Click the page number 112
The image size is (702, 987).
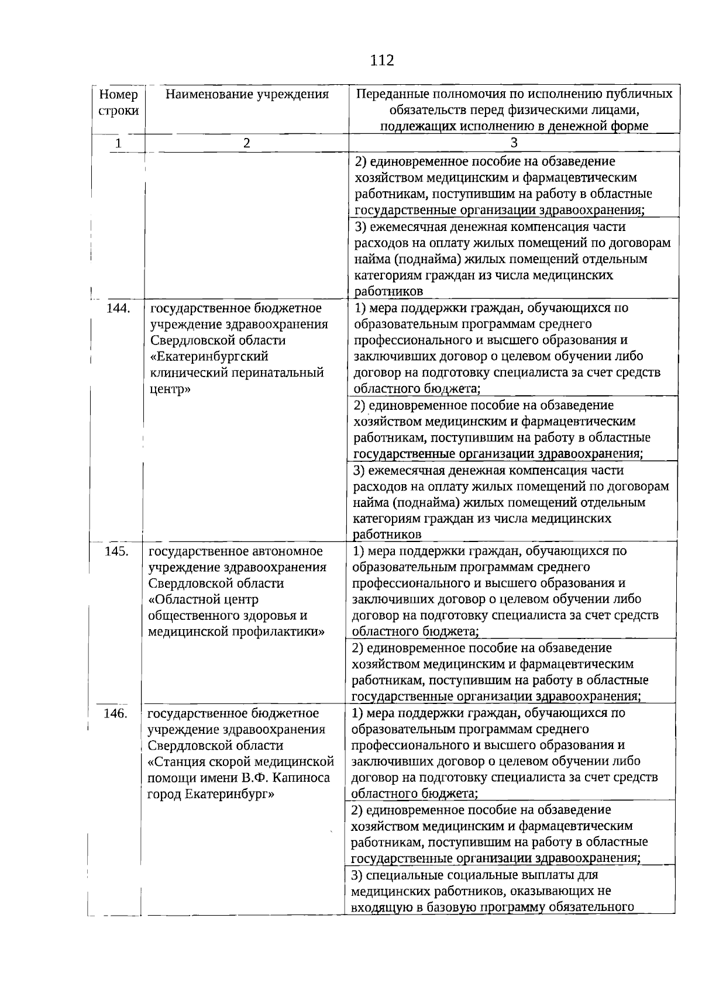coord(382,60)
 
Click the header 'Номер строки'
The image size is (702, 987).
coord(119,102)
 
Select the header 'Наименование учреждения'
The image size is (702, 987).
coord(247,94)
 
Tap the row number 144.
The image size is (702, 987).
coord(118,308)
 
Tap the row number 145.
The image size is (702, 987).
coord(116,551)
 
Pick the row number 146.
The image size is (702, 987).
coord(115,713)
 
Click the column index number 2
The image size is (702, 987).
coord(247,143)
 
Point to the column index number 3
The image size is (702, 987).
coord(514,143)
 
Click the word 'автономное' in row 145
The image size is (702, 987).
coord(287,551)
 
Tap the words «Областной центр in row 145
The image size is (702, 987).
coord(203,599)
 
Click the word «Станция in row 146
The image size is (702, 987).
coord(175,761)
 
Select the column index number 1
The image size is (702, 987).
coord(119,143)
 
